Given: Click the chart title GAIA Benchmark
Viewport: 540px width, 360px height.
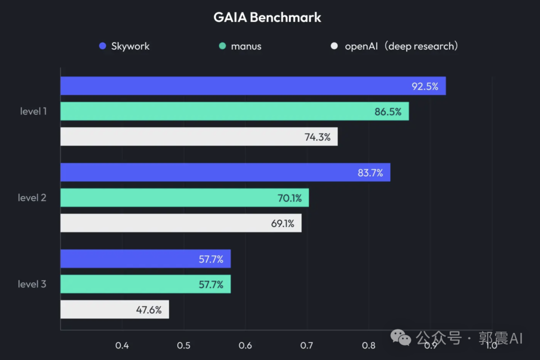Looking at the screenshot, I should (267, 17).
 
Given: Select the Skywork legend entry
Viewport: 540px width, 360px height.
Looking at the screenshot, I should (124, 46).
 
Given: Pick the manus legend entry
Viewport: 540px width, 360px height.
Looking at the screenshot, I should (240, 46).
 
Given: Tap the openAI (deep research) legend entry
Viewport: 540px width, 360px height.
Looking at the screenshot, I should (394, 46).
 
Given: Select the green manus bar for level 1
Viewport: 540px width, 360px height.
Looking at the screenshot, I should (234, 111).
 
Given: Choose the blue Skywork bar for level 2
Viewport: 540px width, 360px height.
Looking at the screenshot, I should (225, 172).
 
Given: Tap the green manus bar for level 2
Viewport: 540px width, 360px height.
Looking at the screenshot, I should (184, 198).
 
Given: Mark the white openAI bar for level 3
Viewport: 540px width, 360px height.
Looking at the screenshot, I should (114, 309).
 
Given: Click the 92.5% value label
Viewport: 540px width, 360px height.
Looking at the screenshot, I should (425, 86).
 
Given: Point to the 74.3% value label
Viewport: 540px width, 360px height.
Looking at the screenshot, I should (317, 137).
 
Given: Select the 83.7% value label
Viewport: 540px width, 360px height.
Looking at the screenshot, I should (370, 173).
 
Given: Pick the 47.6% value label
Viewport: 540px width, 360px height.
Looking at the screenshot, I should (149, 310).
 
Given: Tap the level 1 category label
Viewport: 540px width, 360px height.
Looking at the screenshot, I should (33, 111).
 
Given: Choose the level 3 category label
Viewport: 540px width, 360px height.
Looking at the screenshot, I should (32, 284).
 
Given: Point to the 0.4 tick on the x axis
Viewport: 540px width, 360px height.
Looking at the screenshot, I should (122, 345).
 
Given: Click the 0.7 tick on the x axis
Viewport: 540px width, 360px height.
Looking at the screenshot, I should (307, 345).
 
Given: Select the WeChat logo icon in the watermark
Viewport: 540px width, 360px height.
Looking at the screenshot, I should (401, 337).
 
